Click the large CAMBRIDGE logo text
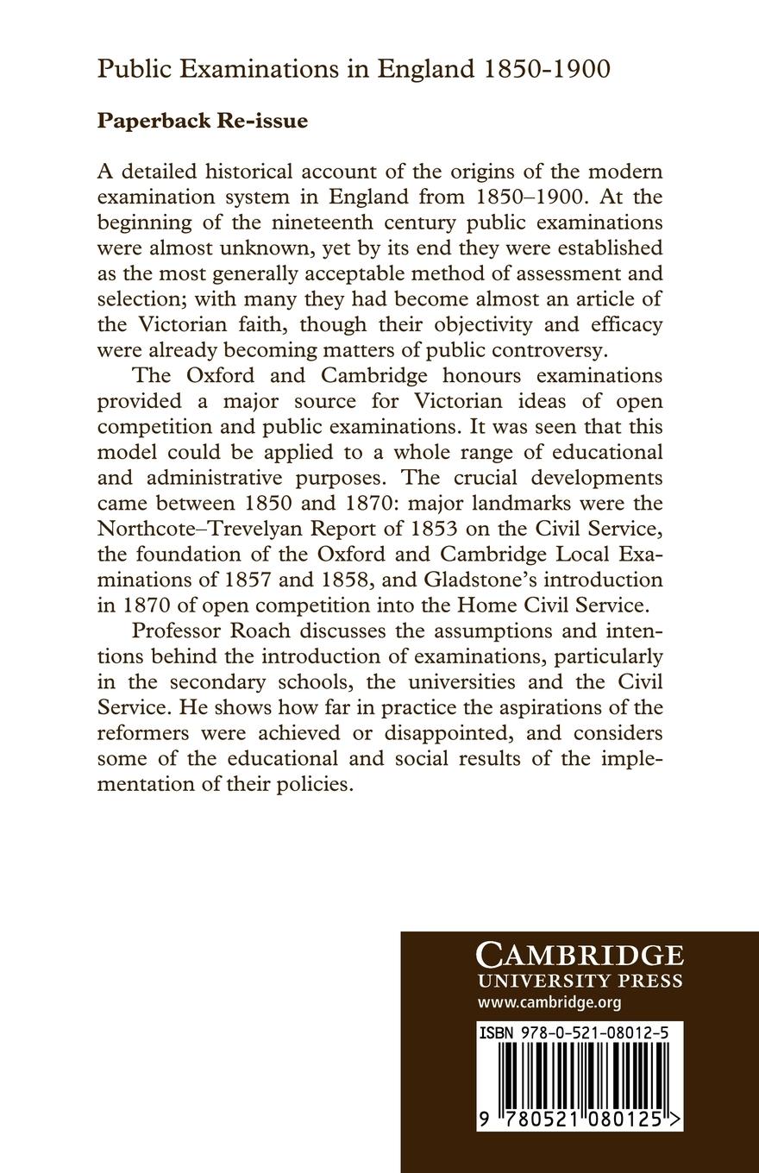point(580,956)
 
